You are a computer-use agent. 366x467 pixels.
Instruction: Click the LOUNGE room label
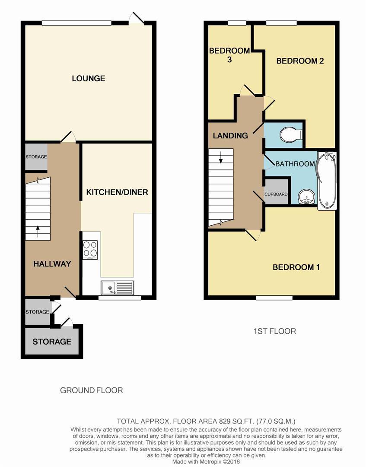click(89, 78)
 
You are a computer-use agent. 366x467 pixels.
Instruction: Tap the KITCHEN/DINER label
click(117, 192)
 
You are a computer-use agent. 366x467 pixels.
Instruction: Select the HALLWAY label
click(52, 264)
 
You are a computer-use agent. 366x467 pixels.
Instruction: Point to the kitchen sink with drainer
click(117, 288)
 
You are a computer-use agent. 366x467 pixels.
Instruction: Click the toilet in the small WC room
click(291, 135)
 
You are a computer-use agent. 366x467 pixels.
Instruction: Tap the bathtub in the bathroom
click(327, 180)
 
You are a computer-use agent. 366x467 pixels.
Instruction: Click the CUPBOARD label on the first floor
click(276, 194)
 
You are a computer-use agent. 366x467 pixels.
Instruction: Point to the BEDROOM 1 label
click(296, 267)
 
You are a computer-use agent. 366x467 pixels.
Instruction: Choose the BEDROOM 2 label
click(300, 61)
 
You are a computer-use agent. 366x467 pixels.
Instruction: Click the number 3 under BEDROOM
click(229, 60)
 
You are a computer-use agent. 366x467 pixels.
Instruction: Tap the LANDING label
click(230, 136)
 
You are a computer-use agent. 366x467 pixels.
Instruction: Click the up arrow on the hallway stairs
click(38, 231)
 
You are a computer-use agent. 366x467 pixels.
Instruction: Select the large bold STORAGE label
click(52, 342)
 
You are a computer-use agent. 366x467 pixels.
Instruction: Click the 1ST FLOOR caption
click(275, 331)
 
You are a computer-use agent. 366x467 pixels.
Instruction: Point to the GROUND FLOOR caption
click(91, 390)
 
